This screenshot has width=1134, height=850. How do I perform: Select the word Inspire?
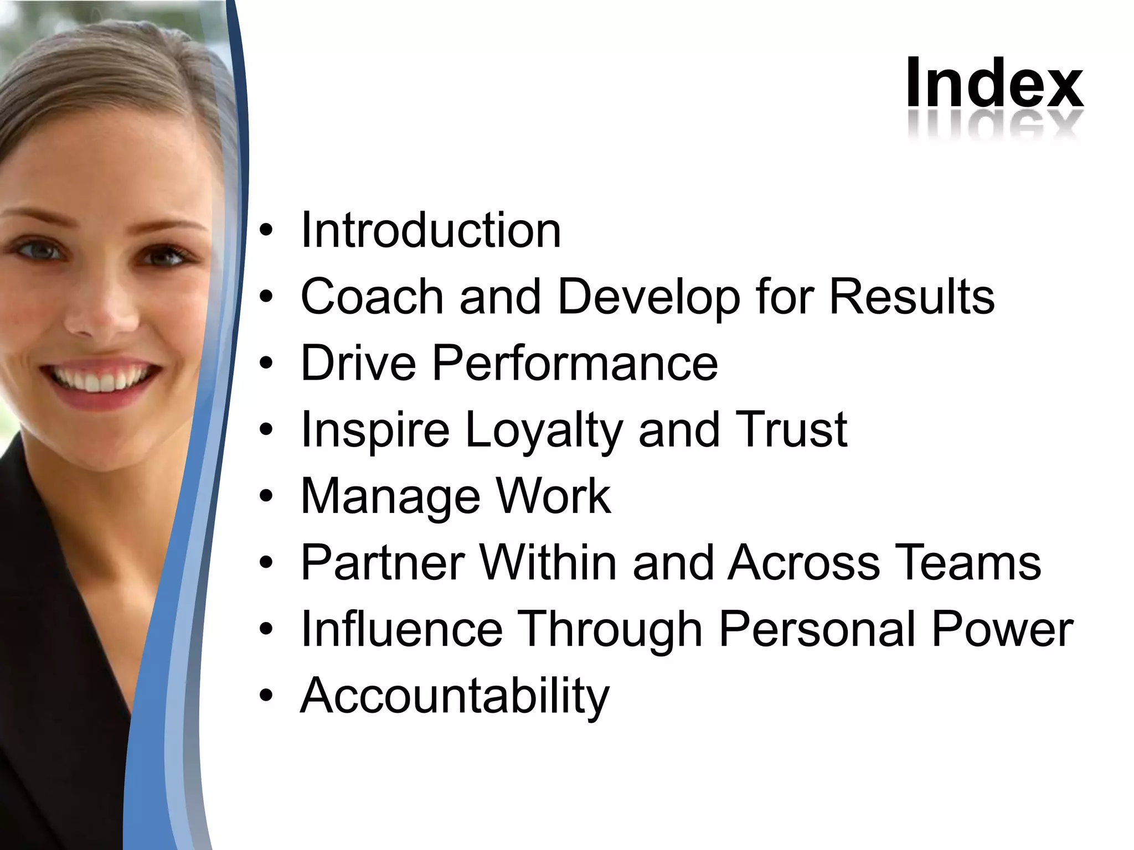[x=375, y=431]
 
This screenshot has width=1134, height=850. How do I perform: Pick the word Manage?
[x=390, y=497]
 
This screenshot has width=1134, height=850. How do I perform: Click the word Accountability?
[x=455, y=696]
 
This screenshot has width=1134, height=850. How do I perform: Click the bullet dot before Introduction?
[x=266, y=231]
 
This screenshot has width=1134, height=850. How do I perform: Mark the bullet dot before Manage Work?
[x=266, y=497]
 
